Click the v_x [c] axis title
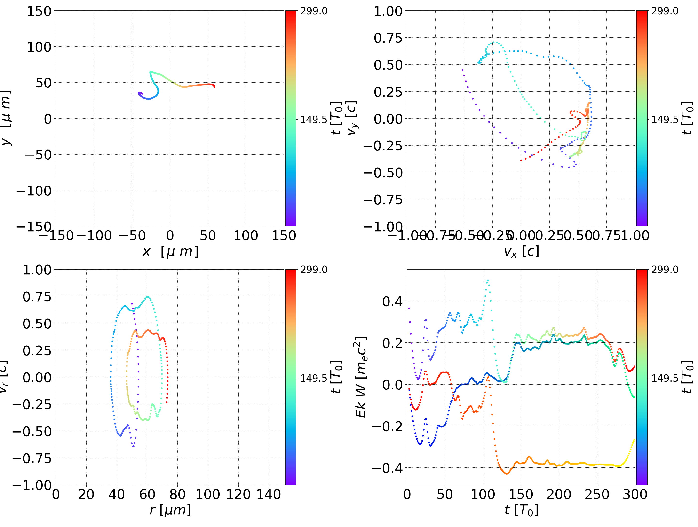(521, 252)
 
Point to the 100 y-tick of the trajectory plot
(39, 47)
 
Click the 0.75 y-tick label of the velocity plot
(388, 38)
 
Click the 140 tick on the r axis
(269, 495)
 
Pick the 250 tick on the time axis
(597, 495)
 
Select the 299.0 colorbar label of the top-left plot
(314, 11)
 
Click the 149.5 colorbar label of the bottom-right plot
(665, 378)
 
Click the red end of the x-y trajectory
(214, 86)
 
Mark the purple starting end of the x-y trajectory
(139, 93)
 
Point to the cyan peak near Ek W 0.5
(488, 280)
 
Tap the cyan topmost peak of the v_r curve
(147, 297)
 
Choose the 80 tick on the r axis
(177, 495)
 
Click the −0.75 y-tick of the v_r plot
(32, 458)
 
